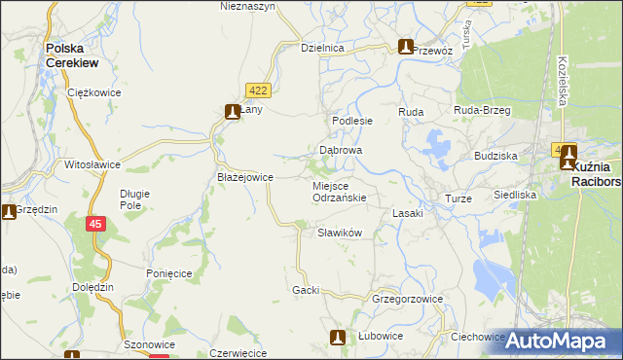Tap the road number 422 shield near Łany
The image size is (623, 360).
257,90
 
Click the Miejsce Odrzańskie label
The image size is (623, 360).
339,191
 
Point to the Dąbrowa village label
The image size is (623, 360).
341,151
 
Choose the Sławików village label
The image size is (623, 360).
341,233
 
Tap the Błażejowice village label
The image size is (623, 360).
244,177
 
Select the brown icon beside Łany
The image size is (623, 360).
233,112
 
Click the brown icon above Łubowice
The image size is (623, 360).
338,338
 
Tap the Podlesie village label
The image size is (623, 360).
352,121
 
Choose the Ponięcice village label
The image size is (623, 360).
169,274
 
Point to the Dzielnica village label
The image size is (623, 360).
323,48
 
